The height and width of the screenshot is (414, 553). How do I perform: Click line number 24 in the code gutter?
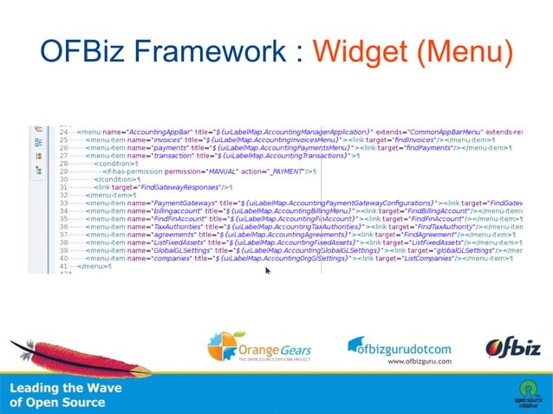(x=63, y=131)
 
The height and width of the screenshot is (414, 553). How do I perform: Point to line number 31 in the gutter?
(x=63, y=187)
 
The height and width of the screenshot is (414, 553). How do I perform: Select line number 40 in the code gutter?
(x=63, y=258)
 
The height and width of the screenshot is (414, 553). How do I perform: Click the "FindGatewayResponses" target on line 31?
(x=183, y=187)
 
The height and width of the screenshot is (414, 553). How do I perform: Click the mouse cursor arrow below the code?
(x=268, y=271)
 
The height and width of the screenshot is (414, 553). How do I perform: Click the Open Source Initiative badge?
(x=526, y=391)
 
